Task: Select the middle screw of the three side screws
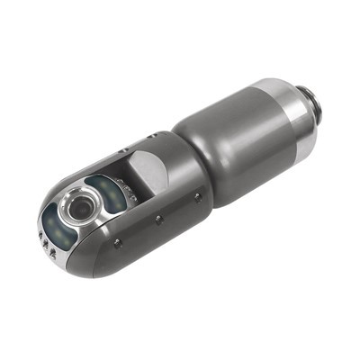(159, 219)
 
